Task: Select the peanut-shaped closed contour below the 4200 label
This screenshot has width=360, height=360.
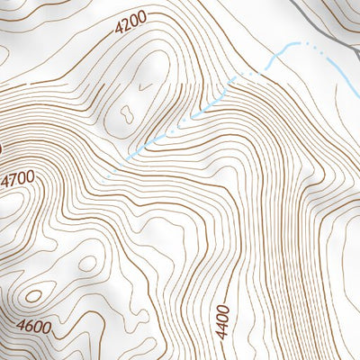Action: coord(127,112)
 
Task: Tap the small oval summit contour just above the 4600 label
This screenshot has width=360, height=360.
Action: coord(33,294)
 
